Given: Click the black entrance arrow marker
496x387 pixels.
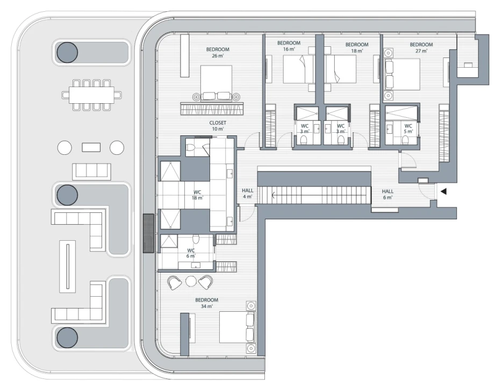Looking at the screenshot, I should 443,191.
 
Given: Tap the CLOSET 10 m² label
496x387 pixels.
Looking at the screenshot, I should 218,126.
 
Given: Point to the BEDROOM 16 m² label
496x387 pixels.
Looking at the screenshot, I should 289,46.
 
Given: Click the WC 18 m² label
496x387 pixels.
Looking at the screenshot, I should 198,195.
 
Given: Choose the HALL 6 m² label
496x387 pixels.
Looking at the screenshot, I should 387,194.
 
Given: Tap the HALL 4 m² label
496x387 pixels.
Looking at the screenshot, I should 247,193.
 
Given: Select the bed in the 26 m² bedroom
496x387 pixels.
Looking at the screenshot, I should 216,82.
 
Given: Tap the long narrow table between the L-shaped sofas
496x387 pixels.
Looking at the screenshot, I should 67,266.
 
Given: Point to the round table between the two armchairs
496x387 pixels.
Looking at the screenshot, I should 191,281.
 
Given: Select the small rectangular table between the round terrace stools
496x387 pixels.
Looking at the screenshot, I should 91,147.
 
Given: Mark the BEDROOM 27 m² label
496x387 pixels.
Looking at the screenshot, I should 421,47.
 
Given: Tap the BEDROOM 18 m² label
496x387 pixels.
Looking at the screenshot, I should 357,47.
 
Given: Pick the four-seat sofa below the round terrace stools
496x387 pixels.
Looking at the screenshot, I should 91,171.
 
